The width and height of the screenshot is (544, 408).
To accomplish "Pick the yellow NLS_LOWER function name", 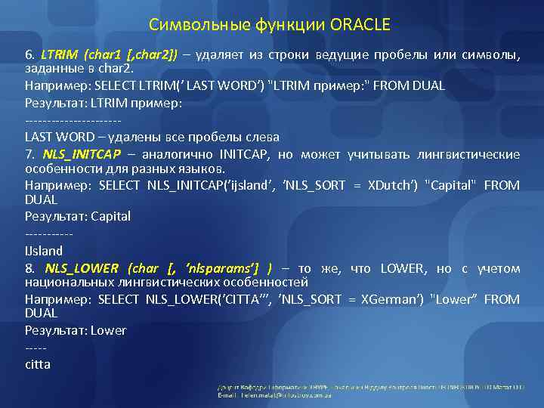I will pyautogui.click(x=82, y=268).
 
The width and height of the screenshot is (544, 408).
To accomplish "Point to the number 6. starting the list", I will pyautogui.click(x=30, y=54).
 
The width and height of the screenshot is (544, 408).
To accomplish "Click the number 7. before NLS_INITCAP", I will pyautogui.click(x=30, y=155).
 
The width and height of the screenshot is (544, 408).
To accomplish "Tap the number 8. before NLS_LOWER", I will pyautogui.click(x=30, y=268).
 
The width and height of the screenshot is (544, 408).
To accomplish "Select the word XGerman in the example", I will pyautogui.click(x=391, y=299).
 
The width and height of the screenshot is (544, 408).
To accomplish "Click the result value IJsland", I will pyautogui.click(x=44, y=250).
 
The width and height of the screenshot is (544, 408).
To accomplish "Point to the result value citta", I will pyautogui.click(x=38, y=364).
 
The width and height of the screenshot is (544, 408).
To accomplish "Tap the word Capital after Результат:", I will pyautogui.click(x=110, y=216).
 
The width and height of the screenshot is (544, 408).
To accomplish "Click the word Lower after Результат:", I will pyautogui.click(x=108, y=330).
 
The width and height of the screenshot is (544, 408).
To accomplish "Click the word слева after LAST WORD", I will pyautogui.click(x=261, y=137).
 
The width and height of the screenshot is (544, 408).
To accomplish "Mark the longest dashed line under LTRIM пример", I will pyautogui.click(x=73, y=121).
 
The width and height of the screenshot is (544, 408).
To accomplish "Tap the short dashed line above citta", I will pyautogui.click(x=36, y=348).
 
